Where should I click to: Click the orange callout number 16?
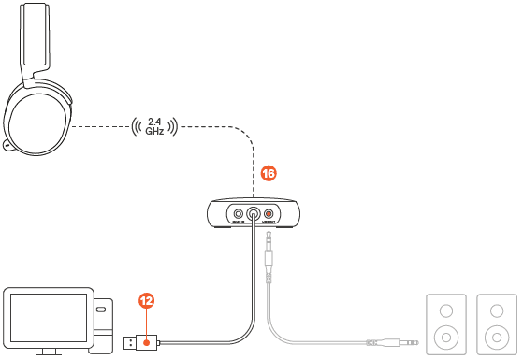pos(269,174)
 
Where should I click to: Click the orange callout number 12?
pos(147,301)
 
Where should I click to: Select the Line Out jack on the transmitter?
pos(269,213)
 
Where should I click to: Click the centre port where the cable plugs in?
pos(253,213)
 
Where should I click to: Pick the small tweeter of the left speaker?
pos(444,310)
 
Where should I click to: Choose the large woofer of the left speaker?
pos(444,335)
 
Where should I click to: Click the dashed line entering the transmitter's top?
pos(254,173)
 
